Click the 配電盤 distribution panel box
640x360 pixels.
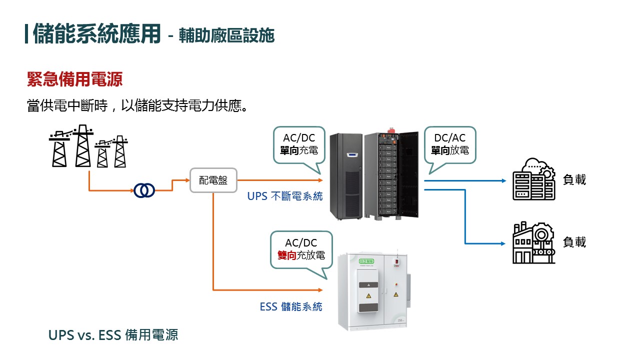pos(213,180)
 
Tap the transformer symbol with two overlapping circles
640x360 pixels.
pos(144,190)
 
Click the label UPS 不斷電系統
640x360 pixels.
pos(285,196)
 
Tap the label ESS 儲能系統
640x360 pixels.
pos(291,306)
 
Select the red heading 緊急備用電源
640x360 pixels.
pos(74,79)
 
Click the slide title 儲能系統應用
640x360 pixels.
pos(97,34)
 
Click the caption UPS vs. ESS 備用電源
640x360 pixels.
pos(113,334)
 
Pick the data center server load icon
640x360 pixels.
pos(533,179)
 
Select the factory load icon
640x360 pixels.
pos(533,242)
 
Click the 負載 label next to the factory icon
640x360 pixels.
pos(574,242)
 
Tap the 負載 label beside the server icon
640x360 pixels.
pos(574,180)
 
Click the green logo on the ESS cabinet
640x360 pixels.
pos(355,261)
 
